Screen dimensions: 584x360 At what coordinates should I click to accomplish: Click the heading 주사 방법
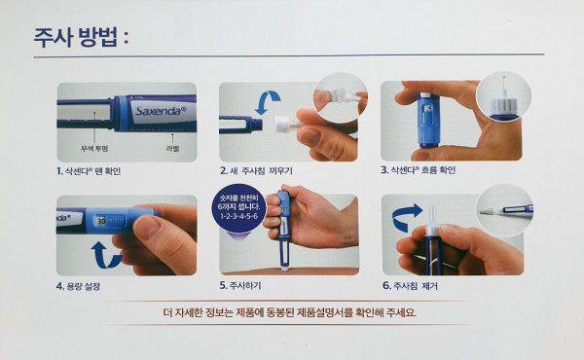point(81,37)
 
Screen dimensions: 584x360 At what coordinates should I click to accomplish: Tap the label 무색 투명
point(94,149)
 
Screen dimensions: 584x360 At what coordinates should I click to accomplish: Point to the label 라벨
point(172,149)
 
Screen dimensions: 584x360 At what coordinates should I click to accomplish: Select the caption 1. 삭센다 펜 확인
point(89,171)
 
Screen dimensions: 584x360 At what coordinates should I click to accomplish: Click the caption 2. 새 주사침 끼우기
point(256,171)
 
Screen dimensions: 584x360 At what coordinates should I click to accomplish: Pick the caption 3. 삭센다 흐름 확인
point(418,170)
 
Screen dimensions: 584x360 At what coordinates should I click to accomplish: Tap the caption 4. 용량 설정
point(78,286)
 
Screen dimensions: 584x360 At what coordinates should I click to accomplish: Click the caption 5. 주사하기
point(240,285)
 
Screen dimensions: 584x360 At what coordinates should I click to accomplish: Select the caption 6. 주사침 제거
point(410,286)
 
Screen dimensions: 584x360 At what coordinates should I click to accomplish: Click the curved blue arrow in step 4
point(105,256)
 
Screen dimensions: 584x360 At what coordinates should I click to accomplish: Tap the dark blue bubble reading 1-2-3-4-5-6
point(238,208)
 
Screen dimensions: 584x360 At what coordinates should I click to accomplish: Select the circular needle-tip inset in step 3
point(503,96)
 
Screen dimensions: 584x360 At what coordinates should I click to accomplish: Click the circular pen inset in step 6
point(505,210)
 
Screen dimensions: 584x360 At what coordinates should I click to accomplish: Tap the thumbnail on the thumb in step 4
point(147,227)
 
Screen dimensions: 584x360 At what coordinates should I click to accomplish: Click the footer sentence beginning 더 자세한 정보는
point(290,312)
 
